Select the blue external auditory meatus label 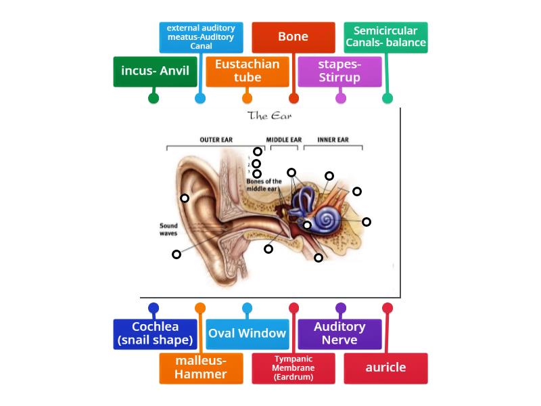click(201, 37)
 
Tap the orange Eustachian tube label click(248, 71)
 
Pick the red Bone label click(293, 37)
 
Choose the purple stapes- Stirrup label click(340, 71)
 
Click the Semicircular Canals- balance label click(386, 37)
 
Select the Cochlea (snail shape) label click(155, 334)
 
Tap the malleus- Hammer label click(201, 367)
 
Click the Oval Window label click(248, 334)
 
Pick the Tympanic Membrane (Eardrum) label click(293, 367)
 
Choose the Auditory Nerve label click(340, 334)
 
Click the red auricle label click(386, 367)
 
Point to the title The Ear click(270, 116)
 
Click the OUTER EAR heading click(216, 140)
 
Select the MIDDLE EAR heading click(283, 140)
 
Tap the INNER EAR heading click(333, 140)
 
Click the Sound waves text click(168, 229)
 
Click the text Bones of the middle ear click(264, 185)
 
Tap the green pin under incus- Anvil click(154, 98)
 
